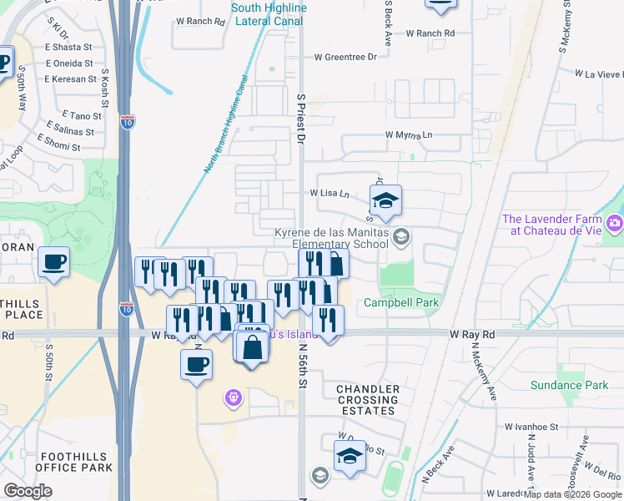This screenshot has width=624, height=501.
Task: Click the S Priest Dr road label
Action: click(302, 119)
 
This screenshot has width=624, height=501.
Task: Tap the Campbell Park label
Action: click(401, 303)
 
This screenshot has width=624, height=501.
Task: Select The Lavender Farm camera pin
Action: click(615, 223)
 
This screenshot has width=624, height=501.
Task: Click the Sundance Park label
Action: click(569, 386)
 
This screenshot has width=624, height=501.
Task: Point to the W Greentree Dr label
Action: click(345, 58)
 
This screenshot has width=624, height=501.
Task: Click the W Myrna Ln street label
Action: click(409, 134)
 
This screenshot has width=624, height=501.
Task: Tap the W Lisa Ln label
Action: click(330, 193)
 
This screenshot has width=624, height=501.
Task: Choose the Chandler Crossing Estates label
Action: click(368, 400)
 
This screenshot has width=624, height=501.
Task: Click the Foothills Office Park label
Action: click(75, 462)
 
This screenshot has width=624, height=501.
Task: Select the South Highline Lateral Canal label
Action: click(269, 13)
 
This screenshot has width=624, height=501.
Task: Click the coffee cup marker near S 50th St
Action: click(54, 263)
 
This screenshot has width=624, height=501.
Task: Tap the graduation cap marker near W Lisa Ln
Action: click(385, 201)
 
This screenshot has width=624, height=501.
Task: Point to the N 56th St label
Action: click(304, 368)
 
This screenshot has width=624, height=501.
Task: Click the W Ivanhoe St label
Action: click(531, 427)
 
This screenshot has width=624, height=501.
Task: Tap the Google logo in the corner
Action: click(28, 491)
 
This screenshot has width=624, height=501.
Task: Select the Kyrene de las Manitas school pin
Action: click(401, 237)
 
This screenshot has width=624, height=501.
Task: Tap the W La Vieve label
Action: click(598, 73)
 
